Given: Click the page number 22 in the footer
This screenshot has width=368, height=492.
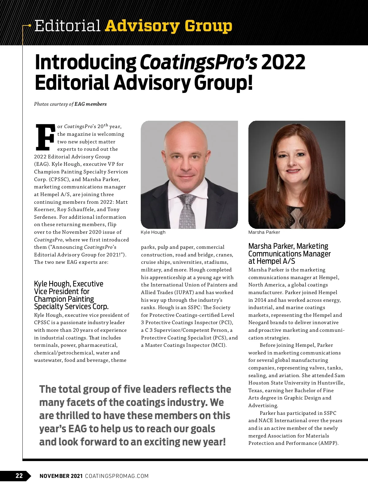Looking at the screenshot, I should [19, 475].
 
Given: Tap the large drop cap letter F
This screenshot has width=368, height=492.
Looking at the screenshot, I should [45, 137].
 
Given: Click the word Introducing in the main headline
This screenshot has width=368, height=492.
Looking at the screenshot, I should [86, 62].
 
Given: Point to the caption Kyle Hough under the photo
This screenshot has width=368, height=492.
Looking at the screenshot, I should [153, 232].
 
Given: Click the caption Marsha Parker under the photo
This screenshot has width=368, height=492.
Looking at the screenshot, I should [264, 232].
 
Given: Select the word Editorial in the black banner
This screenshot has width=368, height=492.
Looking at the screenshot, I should [67, 26].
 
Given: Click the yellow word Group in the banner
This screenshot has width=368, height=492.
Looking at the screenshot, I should [209, 26].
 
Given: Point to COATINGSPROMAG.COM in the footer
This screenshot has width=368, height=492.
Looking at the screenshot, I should [117, 476].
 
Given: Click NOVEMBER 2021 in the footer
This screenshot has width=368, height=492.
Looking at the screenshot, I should [61, 476].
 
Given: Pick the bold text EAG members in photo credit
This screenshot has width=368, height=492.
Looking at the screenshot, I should [91, 104].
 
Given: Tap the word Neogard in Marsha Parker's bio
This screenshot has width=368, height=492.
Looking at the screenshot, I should [258, 323].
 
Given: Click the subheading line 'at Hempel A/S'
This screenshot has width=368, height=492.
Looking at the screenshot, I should [272, 261].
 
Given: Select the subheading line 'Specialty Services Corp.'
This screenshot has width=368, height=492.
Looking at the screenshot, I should [71, 307].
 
